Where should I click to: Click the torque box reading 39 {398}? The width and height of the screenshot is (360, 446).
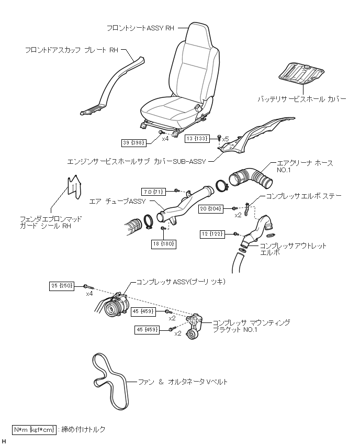coord(133,142)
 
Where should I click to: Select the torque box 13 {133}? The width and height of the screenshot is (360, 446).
coord(198,139)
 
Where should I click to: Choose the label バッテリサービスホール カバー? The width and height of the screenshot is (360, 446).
coord(301,98)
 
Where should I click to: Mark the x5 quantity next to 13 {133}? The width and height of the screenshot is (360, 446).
coord(226,139)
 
